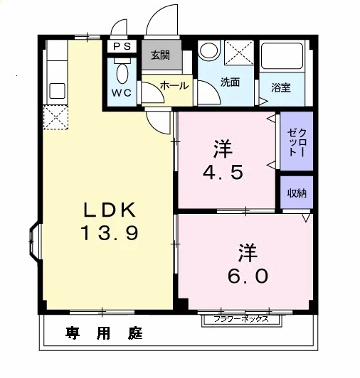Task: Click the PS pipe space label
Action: [122, 46]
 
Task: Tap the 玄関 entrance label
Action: [160, 55]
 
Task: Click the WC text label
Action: [122, 92]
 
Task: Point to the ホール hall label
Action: [174, 85]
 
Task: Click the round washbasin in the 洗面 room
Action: [209, 50]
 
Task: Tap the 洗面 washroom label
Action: [230, 82]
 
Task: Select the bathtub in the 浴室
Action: [282, 55]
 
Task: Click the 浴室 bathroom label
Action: [281, 87]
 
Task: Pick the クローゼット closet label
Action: [297, 142]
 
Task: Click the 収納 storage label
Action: [297, 193]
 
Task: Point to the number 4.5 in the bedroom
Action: [223, 173]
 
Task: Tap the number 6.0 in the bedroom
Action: [248, 276]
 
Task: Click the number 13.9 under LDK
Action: [110, 232]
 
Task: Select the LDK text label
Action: [110, 210]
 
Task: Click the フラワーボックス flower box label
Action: [241, 319]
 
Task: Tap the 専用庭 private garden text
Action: [104, 333]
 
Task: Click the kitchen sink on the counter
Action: [57, 91]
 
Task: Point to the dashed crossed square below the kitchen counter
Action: [56, 118]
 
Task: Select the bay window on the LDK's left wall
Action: [34, 241]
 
